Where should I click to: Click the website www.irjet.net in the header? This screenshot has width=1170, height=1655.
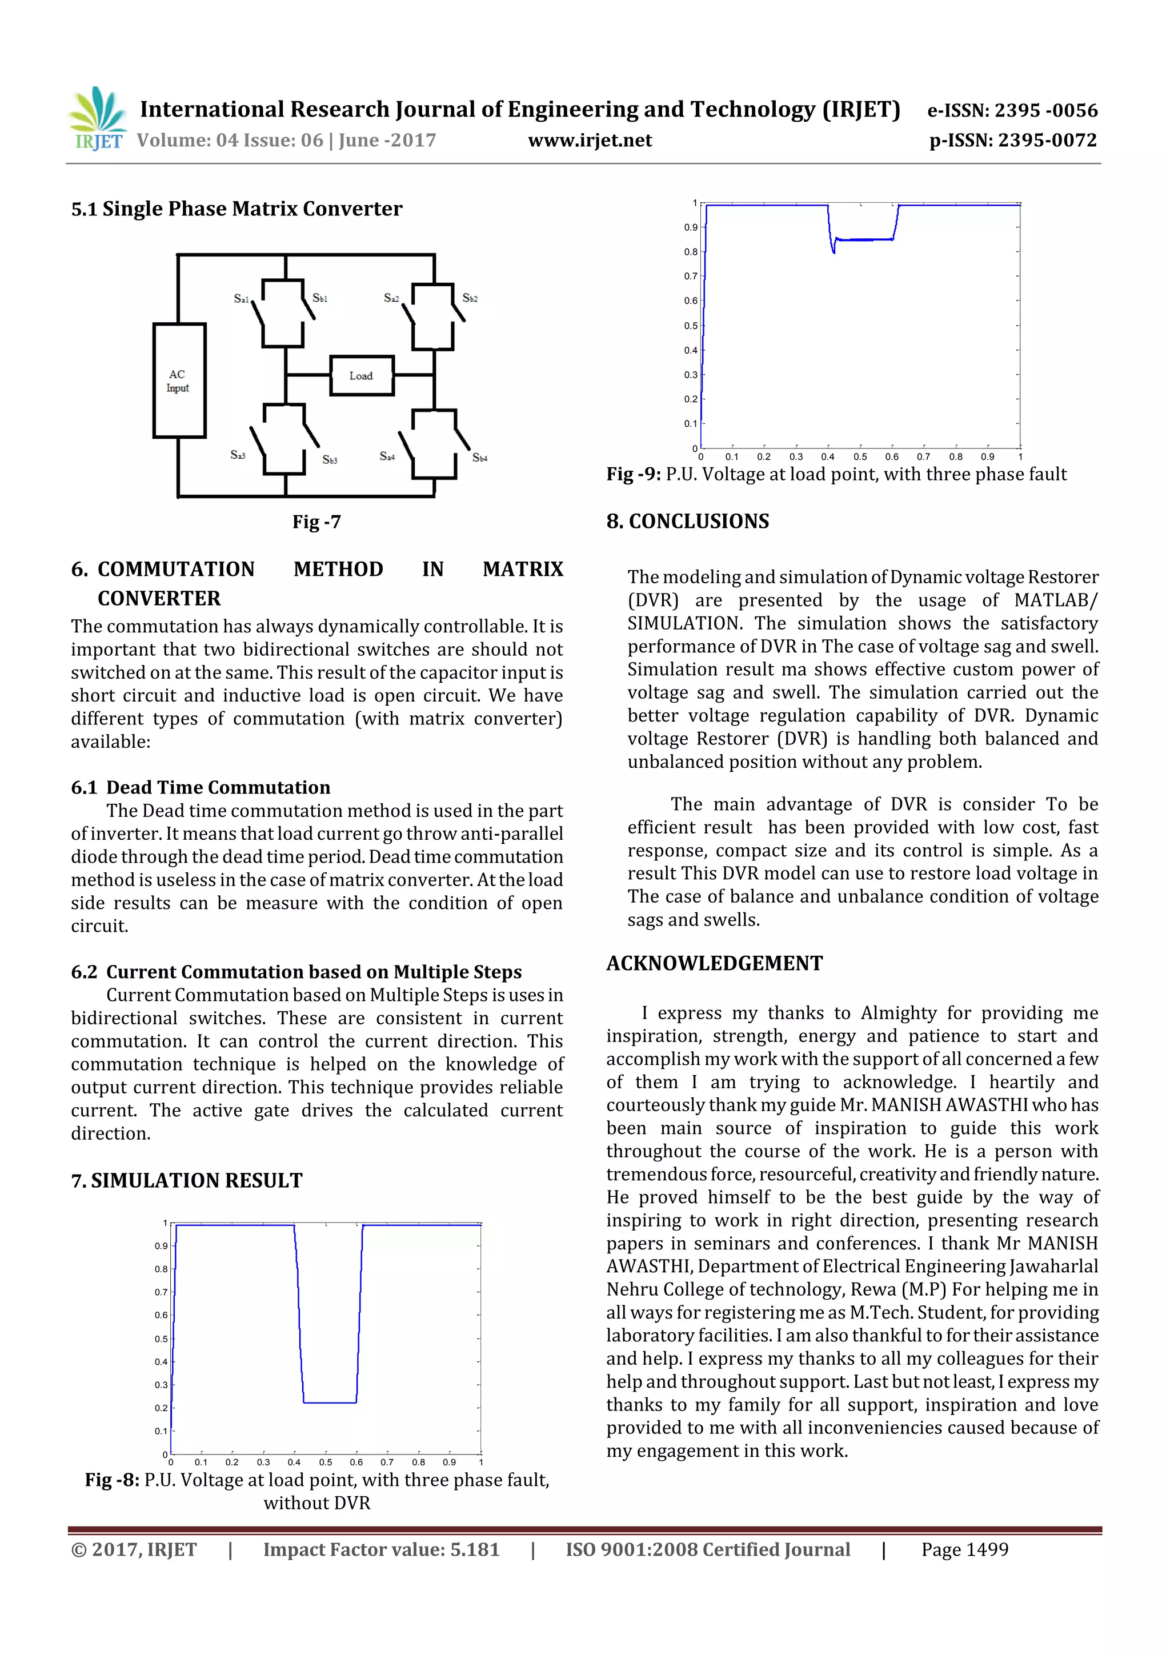tap(589, 141)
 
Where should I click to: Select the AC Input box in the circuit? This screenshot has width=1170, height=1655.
tap(179, 380)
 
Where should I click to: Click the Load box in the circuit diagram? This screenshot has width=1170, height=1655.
tap(361, 375)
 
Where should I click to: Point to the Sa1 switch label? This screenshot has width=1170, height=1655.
tap(241, 298)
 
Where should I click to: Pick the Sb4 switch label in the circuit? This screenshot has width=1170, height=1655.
tap(479, 458)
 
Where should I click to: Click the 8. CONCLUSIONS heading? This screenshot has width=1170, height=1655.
tap(687, 521)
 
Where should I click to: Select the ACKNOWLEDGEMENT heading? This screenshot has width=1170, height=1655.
tap(714, 963)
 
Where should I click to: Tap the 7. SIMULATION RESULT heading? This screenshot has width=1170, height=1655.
tap(187, 1180)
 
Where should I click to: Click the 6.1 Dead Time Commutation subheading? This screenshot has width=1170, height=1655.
tap(201, 787)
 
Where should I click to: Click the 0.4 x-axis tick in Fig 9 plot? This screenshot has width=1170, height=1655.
tap(828, 457)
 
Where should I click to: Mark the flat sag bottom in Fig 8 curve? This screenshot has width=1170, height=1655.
tap(330, 1402)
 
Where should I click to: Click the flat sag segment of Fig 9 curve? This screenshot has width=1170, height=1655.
tap(865, 239)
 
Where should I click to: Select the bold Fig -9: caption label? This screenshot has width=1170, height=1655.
tap(633, 474)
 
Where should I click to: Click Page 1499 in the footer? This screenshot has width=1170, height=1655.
tap(964, 1549)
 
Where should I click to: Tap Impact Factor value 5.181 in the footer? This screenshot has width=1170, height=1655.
tap(380, 1549)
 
